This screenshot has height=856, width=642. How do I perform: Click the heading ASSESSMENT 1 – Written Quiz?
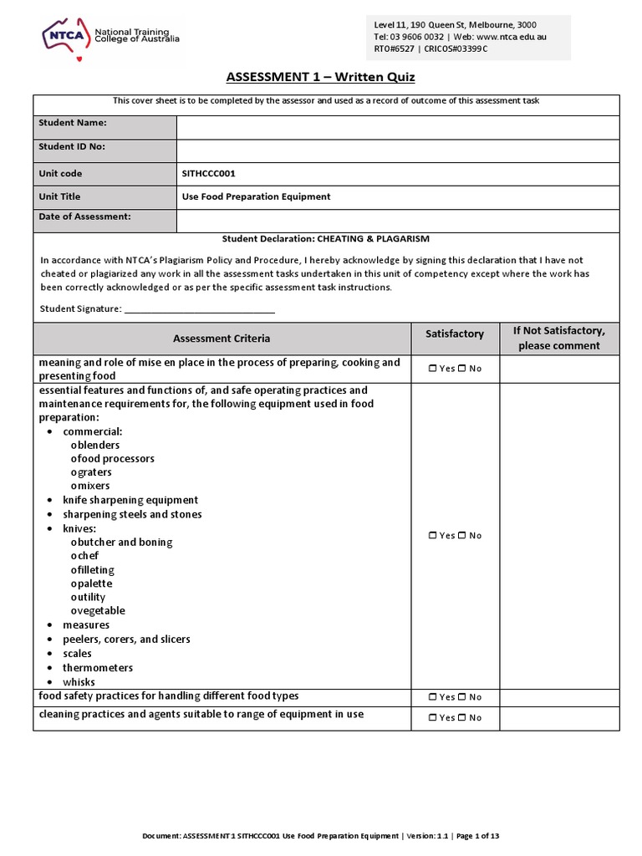click(320, 78)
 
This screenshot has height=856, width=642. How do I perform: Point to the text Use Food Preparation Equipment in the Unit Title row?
click(256, 197)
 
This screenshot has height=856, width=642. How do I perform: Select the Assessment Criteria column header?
click(222, 339)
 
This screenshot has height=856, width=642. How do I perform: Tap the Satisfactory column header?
click(455, 334)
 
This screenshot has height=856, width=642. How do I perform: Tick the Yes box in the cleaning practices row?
click(431, 718)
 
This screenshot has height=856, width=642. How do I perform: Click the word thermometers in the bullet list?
click(98, 668)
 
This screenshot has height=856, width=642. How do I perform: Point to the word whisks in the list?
click(79, 682)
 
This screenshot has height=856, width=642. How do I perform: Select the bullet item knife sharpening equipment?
click(130, 500)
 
